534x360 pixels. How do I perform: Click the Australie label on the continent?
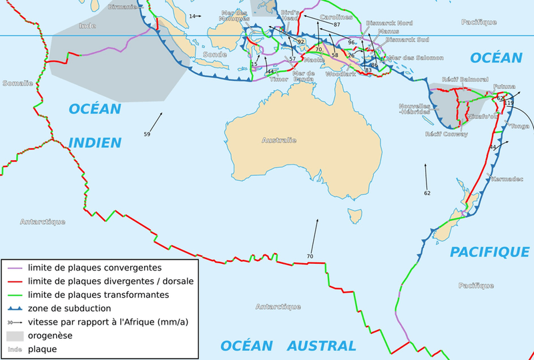278,140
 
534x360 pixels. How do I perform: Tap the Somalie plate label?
17,83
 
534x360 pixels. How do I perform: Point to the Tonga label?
519,126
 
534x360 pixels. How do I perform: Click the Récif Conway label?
446,134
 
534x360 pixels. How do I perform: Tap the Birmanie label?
122,7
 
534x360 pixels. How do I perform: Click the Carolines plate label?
336,16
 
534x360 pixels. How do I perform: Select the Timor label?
279,79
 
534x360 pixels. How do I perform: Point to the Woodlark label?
336,75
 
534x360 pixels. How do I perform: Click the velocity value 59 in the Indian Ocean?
147,134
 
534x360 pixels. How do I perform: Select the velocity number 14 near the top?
192,16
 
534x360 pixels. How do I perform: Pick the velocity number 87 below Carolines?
337,25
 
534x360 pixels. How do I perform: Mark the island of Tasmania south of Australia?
354,215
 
